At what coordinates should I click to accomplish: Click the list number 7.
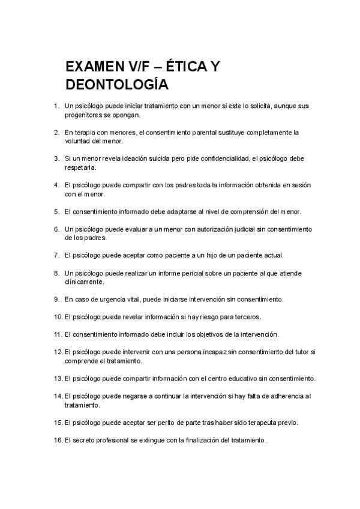tap(56, 255)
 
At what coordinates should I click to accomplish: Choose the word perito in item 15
tap(157, 423)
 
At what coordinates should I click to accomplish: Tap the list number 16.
tap(58, 440)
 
